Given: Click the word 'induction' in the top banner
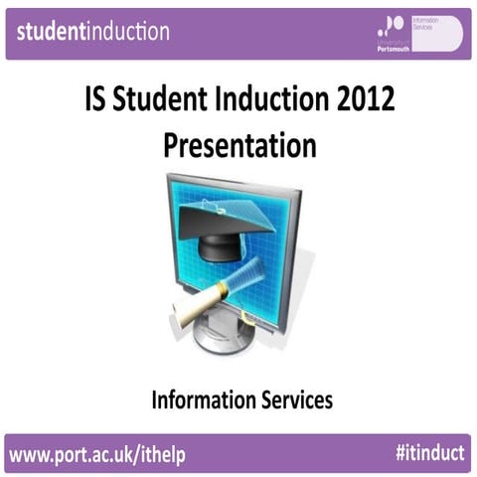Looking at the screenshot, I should tap(129, 31).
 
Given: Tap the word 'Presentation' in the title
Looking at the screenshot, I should tap(238, 145).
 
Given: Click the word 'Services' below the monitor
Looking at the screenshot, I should tap(294, 399).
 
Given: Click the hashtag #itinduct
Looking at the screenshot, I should tap(427, 453).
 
